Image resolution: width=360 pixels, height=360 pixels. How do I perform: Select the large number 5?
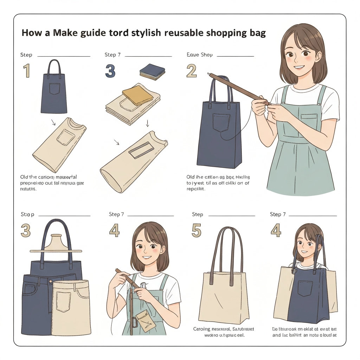click(x=196, y=231)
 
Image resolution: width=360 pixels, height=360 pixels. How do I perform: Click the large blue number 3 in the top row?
click(x=110, y=71)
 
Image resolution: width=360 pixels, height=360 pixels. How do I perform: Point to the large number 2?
click(x=191, y=71)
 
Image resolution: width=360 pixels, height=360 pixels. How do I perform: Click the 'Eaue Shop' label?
click(x=199, y=55)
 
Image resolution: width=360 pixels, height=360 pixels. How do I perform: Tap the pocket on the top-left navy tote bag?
click(x=55, y=89)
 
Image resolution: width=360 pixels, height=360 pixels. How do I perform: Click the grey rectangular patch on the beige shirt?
click(x=141, y=151)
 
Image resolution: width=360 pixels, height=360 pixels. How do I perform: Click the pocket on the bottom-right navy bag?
click(x=305, y=288)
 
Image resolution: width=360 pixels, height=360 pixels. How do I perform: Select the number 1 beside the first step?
click(x=27, y=71)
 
